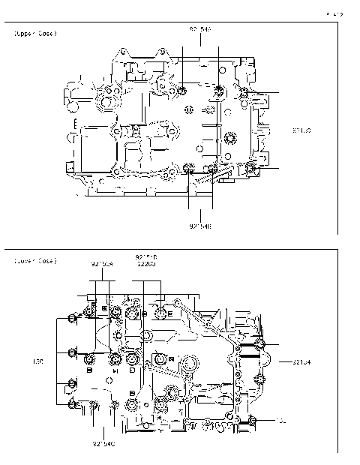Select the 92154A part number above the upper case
click(200, 28)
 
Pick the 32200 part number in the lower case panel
click(146, 264)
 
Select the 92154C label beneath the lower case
click(103, 444)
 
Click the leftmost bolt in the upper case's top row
click(183, 91)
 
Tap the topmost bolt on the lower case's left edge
click(71, 320)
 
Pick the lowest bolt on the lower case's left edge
click(73, 405)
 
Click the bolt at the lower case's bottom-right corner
click(254, 418)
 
